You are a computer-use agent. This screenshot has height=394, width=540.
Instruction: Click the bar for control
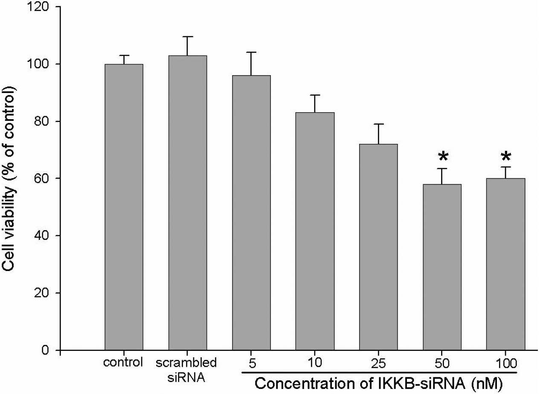tap(124, 207)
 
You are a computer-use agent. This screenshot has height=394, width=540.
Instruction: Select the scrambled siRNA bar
tap(187, 203)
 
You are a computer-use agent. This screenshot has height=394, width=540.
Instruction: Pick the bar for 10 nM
tap(315, 231)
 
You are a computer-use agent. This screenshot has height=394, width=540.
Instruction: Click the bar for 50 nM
tap(442, 267)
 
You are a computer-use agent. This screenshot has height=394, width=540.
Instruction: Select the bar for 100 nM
tap(505, 264)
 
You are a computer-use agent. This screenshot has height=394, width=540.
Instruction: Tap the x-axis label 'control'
tap(123, 363)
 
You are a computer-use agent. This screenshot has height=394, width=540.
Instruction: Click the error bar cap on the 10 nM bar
tap(315, 95)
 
